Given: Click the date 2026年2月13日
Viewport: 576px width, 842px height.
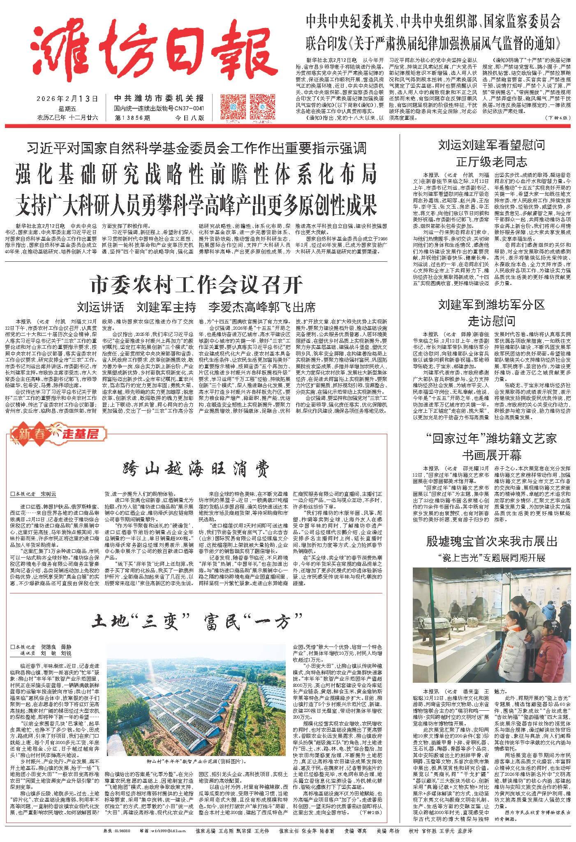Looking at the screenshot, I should point(67,99).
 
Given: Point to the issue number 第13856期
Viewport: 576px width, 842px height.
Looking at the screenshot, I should point(133,118).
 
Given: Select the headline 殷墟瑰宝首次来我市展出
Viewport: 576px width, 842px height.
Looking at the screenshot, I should point(491,542).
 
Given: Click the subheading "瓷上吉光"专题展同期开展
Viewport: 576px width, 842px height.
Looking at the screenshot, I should point(491,558).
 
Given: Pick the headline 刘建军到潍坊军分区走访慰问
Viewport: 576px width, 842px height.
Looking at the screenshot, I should point(491,313).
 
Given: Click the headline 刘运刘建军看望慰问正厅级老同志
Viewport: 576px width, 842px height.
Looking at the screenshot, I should point(491,153).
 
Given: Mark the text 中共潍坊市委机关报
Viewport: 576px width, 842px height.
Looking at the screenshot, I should point(159,98).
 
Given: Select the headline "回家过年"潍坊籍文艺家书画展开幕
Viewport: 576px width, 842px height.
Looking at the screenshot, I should point(491,447).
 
